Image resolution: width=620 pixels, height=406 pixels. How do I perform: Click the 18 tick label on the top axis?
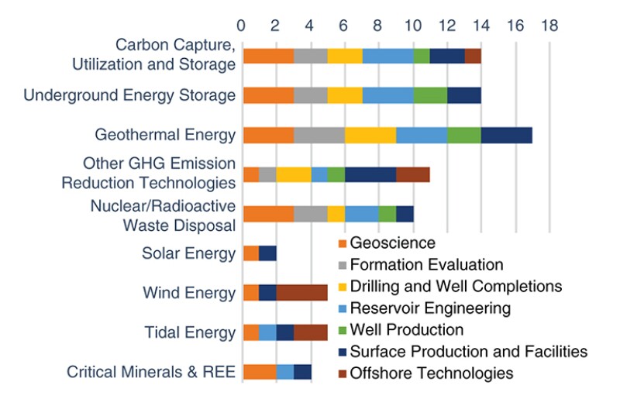pyautogui.click(x=549, y=25)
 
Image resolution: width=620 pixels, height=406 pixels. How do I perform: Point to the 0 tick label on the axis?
pyautogui.click(x=242, y=25)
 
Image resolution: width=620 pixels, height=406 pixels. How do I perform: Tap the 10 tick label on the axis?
pyautogui.click(x=412, y=25)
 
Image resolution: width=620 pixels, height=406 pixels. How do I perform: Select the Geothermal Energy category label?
pyautogui.click(x=165, y=136)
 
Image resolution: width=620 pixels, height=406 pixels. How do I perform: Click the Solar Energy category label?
pyautogui.click(x=188, y=253)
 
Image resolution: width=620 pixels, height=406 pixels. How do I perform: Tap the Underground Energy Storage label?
pyautogui.click(x=129, y=95)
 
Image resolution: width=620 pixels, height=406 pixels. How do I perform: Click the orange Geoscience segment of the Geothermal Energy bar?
pyautogui.click(x=268, y=136)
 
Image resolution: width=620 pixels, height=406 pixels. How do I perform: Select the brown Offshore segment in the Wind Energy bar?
pyautogui.click(x=301, y=293)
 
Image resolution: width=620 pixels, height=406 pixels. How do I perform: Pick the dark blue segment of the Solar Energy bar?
pyautogui.click(x=267, y=253)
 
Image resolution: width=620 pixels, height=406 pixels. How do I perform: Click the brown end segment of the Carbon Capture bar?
pyautogui.click(x=473, y=56)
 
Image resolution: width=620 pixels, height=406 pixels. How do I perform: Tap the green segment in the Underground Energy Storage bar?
pyautogui.click(x=430, y=95)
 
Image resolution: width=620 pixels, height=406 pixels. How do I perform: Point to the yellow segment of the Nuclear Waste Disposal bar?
pyautogui.click(x=336, y=214)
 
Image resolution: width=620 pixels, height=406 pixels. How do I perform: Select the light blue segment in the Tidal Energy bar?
pyautogui.click(x=267, y=332)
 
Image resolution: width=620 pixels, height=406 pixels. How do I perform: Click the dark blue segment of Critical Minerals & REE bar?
pyautogui.click(x=302, y=371)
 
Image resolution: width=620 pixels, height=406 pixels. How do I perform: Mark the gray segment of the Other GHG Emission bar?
pyautogui.click(x=267, y=174)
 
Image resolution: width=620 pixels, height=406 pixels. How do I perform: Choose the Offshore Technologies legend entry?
pyautogui.click(x=431, y=373)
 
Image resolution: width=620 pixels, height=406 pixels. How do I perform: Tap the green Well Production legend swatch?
pyautogui.click(x=339, y=329)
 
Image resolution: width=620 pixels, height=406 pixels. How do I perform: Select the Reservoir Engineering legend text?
pyautogui.click(x=430, y=308)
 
